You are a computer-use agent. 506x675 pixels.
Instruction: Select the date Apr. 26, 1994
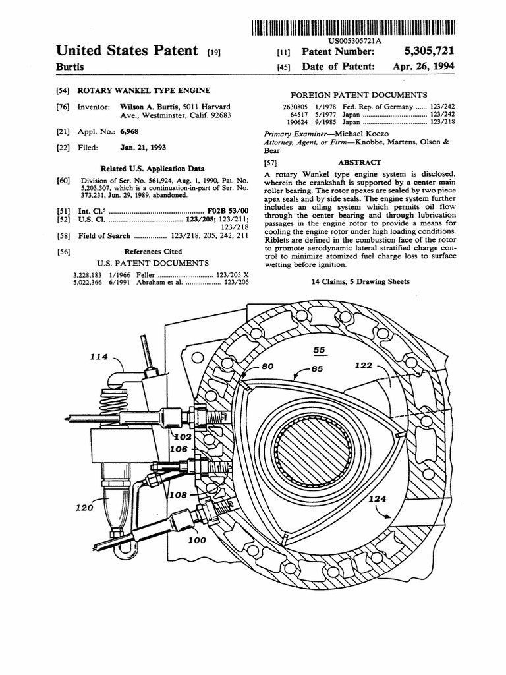coord(423,67)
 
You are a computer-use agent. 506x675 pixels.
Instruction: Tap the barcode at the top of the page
coord(352,28)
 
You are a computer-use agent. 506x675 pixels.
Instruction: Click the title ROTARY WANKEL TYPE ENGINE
coord(144,90)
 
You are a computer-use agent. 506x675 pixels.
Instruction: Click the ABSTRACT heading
coord(359,162)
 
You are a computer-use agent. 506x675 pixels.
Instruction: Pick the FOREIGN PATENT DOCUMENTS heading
coord(358,95)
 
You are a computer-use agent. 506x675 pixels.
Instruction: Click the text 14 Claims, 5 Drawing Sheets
coord(360,281)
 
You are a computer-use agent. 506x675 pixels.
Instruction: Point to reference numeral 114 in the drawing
coord(99,357)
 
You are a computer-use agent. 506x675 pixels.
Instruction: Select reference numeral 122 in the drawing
coord(364,366)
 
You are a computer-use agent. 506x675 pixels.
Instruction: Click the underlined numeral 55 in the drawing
coord(320,351)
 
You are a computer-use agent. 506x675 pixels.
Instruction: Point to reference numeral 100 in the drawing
coord(197,540)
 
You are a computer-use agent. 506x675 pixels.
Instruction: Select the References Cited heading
coord(154,251)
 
